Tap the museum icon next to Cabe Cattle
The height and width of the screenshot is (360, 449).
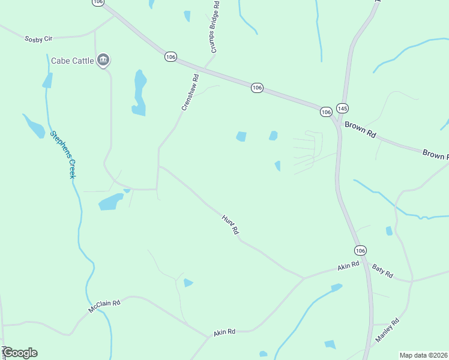click(x=103, y=60)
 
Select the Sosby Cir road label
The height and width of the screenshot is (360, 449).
click(x=39, y=39)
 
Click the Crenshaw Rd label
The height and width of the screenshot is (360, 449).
click(x=190, y=92)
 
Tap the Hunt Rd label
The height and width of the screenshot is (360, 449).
click(x=231, y=224)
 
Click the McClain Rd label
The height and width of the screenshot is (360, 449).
click(x=104, y=306)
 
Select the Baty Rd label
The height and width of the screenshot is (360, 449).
click(x=382, y=271)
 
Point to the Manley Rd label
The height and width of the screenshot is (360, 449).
click(x=387, y=330)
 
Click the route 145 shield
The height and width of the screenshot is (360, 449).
click(x=342, y=108)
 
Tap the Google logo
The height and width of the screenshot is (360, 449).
click(x=20, y=353)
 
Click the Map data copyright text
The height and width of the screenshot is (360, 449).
click(x=424, y=355)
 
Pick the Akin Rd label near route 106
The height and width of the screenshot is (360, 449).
click(x=348, y=265)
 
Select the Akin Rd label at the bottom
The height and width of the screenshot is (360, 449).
click(x=224, y=332)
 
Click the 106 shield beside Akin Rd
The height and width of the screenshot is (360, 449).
click(x=360, y=250)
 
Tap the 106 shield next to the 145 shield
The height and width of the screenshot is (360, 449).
click(x=326, y=112)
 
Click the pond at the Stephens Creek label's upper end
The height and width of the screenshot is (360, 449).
click(x=34, y=126)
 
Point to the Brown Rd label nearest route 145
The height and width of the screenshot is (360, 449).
click(x=360, y=130)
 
